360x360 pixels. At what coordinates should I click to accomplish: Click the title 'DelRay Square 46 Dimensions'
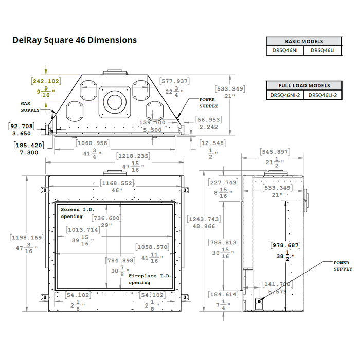tap(74, 40)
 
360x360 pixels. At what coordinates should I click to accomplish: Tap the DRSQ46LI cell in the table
tap(323, 50)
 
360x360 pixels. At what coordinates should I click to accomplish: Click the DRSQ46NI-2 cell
tap(285, 95)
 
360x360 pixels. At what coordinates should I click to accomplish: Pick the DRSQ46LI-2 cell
tap(323, 95)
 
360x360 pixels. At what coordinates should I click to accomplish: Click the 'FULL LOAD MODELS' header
tap(304, 85)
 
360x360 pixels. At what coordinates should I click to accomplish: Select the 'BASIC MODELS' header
tap(304, 41)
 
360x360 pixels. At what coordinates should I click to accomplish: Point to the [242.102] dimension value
tap(46, 81)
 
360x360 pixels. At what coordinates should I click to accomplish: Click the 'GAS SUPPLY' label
tap(30, 106)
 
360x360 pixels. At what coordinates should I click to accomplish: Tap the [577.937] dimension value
tap(175, 81)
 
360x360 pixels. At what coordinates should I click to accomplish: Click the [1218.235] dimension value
tap(133, 156)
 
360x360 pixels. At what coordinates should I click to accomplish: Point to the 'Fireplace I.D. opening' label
tap(150, 279)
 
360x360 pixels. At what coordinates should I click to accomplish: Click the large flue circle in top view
tap(114, 100)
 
